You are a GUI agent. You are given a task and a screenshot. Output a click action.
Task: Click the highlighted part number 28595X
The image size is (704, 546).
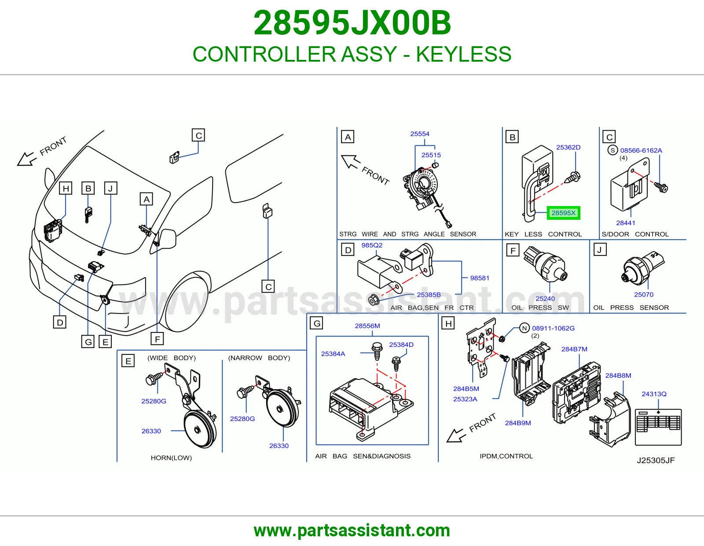tap(563, 213)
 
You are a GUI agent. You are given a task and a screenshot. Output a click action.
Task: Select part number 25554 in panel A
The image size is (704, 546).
tap(420, 134)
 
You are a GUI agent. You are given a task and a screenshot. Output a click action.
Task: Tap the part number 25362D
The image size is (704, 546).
tap(568, 147)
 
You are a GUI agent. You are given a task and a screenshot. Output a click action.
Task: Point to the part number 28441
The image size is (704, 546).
tap(626, 223)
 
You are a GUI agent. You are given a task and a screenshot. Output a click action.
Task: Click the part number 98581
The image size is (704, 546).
tap(480, 278)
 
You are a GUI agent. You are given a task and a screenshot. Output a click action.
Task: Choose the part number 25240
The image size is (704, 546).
tap(545, 298)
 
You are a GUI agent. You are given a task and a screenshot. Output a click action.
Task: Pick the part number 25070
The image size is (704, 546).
tap(644, 295)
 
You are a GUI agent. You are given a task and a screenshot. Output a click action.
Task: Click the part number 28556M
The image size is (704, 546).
tap(367, 326)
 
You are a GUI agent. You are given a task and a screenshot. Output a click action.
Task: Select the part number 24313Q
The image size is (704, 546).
tap(654, 394)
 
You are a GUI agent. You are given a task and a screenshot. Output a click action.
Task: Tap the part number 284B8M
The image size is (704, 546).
tap(618, 376)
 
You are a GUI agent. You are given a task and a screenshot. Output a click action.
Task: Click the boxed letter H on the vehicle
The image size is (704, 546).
tap(66, 188)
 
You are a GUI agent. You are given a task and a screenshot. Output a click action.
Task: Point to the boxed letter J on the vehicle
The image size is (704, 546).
tap(110, 188)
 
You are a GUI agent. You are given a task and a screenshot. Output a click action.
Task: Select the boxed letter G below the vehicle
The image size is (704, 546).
tap(88, 342)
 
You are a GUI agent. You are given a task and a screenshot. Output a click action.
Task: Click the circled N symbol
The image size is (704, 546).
tap(524, 328)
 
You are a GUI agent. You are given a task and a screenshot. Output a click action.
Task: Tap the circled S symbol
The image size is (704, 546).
tap(612, 151)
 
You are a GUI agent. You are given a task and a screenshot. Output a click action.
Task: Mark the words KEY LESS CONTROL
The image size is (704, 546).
tap(543, 234)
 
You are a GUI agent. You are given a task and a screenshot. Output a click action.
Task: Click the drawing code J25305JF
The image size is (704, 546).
tap(656, 461)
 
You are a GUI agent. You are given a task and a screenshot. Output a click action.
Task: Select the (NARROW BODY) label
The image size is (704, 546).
tap(259, 358)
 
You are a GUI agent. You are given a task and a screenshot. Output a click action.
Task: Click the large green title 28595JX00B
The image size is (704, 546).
tap(352, 23)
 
